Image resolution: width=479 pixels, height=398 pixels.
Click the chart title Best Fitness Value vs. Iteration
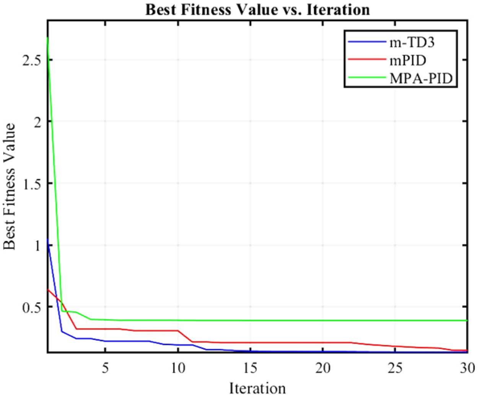[x=257, y=9]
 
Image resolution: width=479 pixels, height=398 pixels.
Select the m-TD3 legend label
[x=412, y=42]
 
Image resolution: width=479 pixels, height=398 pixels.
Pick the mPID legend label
[x=408, y=60]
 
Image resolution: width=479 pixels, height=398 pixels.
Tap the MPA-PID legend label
[x=421, y=78]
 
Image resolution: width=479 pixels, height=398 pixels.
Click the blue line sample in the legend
[x=366, y=42]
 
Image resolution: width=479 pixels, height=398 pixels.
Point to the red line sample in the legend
[x=366, y=60]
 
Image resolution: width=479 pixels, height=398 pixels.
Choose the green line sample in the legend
[x=366, y=78]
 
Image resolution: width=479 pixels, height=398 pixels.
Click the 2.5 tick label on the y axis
[x=32, y=60]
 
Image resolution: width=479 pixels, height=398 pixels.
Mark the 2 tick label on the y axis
[x=37, y=122]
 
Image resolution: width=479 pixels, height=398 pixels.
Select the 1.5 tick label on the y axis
[x=32, y=184]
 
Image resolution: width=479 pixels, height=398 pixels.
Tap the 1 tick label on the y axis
[x=37, y=245]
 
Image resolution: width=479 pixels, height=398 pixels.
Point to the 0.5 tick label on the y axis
[x=32, y=307]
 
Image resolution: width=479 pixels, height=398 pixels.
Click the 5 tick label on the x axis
[x=105, y=368]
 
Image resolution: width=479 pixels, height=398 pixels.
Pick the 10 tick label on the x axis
[x=178, y=368]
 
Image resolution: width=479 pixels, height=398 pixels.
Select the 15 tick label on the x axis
[x=250, y=368]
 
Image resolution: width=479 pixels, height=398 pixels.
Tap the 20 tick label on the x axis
[x=323, y=368]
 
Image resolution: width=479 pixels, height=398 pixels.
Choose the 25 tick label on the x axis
[x=395, y=368]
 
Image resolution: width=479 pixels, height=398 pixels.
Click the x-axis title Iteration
[x=257, y=388]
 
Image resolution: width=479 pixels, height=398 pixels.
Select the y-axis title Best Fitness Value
[x=10, y=186]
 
